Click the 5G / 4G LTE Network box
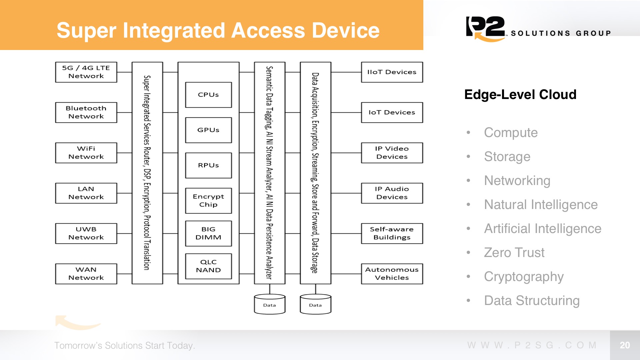86,72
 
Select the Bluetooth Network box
86,112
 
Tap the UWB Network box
86,233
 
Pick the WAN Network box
86,274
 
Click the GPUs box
208,130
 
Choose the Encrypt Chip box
208,201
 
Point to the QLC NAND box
208,266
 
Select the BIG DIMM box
208,233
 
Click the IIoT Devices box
392,72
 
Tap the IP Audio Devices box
392,193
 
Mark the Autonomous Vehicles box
392,274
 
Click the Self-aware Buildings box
392,233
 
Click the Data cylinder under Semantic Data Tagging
270,304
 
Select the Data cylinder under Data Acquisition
315,304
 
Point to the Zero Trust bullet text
514,253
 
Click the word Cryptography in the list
524,277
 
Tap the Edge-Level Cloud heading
520,95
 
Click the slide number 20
625,345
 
